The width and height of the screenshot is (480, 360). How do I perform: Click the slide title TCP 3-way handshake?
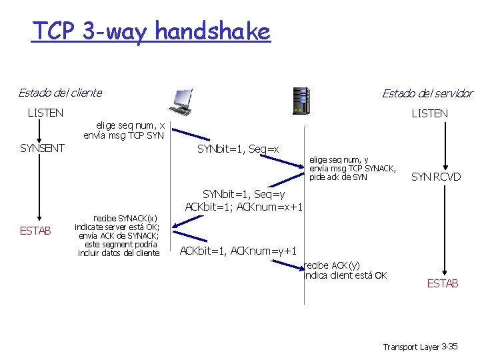click(x=151, y=31)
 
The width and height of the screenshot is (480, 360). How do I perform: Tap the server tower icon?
click(x=301, y=101)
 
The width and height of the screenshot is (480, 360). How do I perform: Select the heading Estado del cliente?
click(x=60, y=93)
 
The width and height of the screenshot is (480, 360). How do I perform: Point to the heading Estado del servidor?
click(x=427, y=93)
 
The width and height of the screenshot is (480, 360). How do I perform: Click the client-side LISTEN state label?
click(x=45, y=113)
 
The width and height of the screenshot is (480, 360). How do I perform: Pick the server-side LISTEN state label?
click(x=429, y=113)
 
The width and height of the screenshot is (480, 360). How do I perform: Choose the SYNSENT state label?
click(x=42, y=148)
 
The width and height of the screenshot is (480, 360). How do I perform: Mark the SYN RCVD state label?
click(x=436, y=177)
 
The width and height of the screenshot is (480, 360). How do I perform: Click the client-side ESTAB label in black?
click(x=35, y=231)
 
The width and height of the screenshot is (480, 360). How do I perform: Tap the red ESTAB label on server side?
click(x=443, y=283)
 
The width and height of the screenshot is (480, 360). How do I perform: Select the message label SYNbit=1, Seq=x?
click(x=238, y=149)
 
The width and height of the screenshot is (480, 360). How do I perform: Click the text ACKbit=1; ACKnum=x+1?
click(x=244, y=207)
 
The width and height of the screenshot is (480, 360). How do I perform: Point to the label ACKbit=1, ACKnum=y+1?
click(x=238, y=250)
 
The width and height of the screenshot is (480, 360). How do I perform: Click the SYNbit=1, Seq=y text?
click(x=243, y=194)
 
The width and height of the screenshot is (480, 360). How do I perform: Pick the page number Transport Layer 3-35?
click(x=420, y=347)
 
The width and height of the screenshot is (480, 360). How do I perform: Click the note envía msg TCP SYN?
click(x=123, y=135)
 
